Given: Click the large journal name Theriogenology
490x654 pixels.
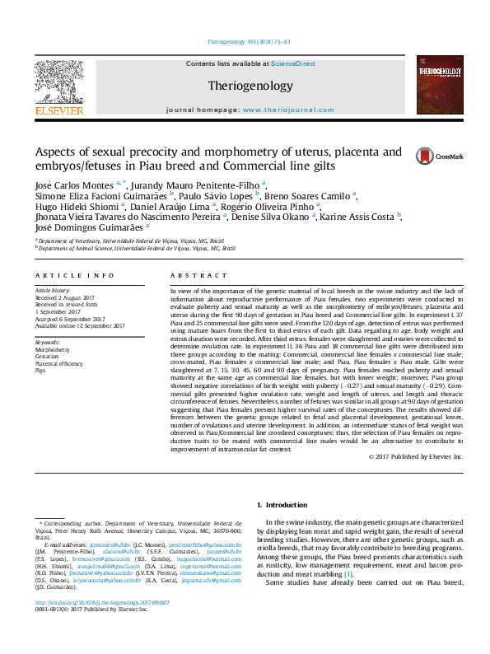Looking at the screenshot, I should point(250,86).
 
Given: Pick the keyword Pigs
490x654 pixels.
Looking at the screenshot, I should point(40,370).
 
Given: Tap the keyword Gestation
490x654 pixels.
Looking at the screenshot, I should point(46,356).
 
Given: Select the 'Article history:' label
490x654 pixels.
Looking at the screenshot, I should point(51,291).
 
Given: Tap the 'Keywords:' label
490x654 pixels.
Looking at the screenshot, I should point(48,342).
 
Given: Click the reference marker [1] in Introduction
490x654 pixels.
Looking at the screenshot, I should point(348,572).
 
